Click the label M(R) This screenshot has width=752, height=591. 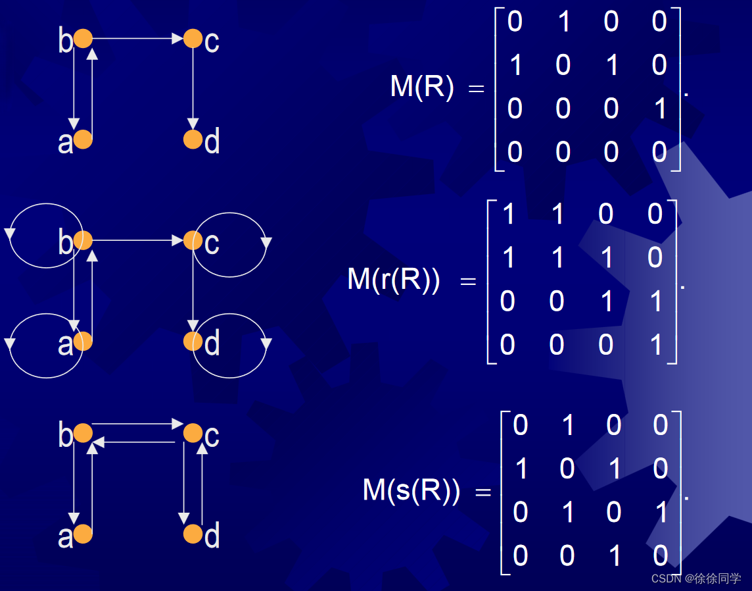coord(421,87)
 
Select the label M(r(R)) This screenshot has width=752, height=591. coord(393,280)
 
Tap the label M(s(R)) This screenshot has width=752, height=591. coord(411,490)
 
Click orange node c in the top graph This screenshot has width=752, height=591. coord(193,39)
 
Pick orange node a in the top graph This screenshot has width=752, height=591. coord(83,140)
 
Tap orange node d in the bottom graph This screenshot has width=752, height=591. coord(193,534)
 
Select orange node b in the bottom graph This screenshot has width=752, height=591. coord(83,433)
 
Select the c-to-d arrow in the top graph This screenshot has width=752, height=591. coord(193,89)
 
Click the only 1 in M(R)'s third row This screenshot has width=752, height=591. coord(660,109)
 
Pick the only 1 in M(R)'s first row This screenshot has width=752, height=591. coord(563,22)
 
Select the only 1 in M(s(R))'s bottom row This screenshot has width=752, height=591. coord(614,556)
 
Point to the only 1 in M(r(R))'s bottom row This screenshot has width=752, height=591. coord(655,345)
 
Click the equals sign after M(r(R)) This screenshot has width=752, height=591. coord(467,282)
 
